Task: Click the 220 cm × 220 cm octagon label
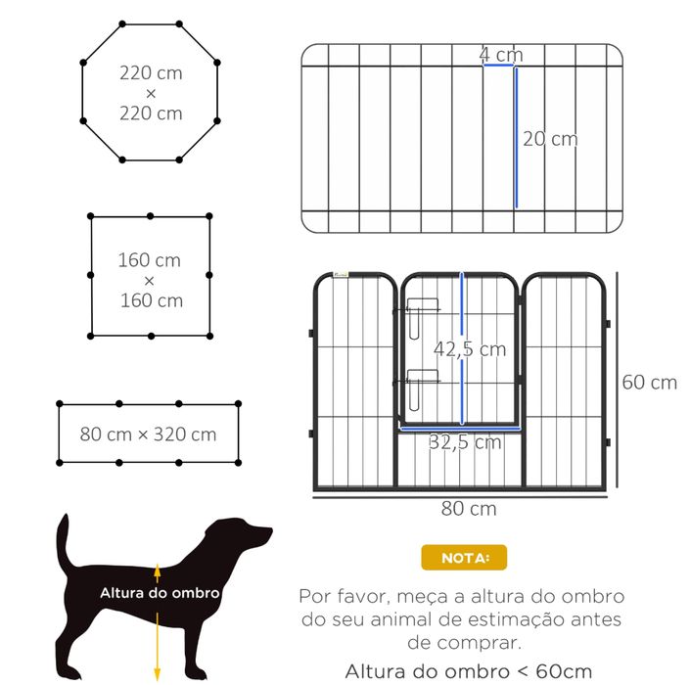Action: point(151,92)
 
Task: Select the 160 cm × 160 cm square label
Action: point(150,280)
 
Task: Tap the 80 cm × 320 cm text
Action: point(149,434)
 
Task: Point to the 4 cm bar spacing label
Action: point(500,55)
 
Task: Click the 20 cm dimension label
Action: point(550,139)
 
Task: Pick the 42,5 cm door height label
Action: point(471,349)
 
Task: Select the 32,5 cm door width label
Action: point(465,442)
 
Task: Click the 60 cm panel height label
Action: point(650,382)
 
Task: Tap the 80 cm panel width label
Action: point(469,509)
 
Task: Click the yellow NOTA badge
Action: point(464,559)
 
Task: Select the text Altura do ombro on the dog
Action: point(160,592)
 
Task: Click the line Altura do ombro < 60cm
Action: point(468,670)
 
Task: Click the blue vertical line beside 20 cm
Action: point(515,137)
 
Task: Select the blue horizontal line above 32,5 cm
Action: point(460,428)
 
